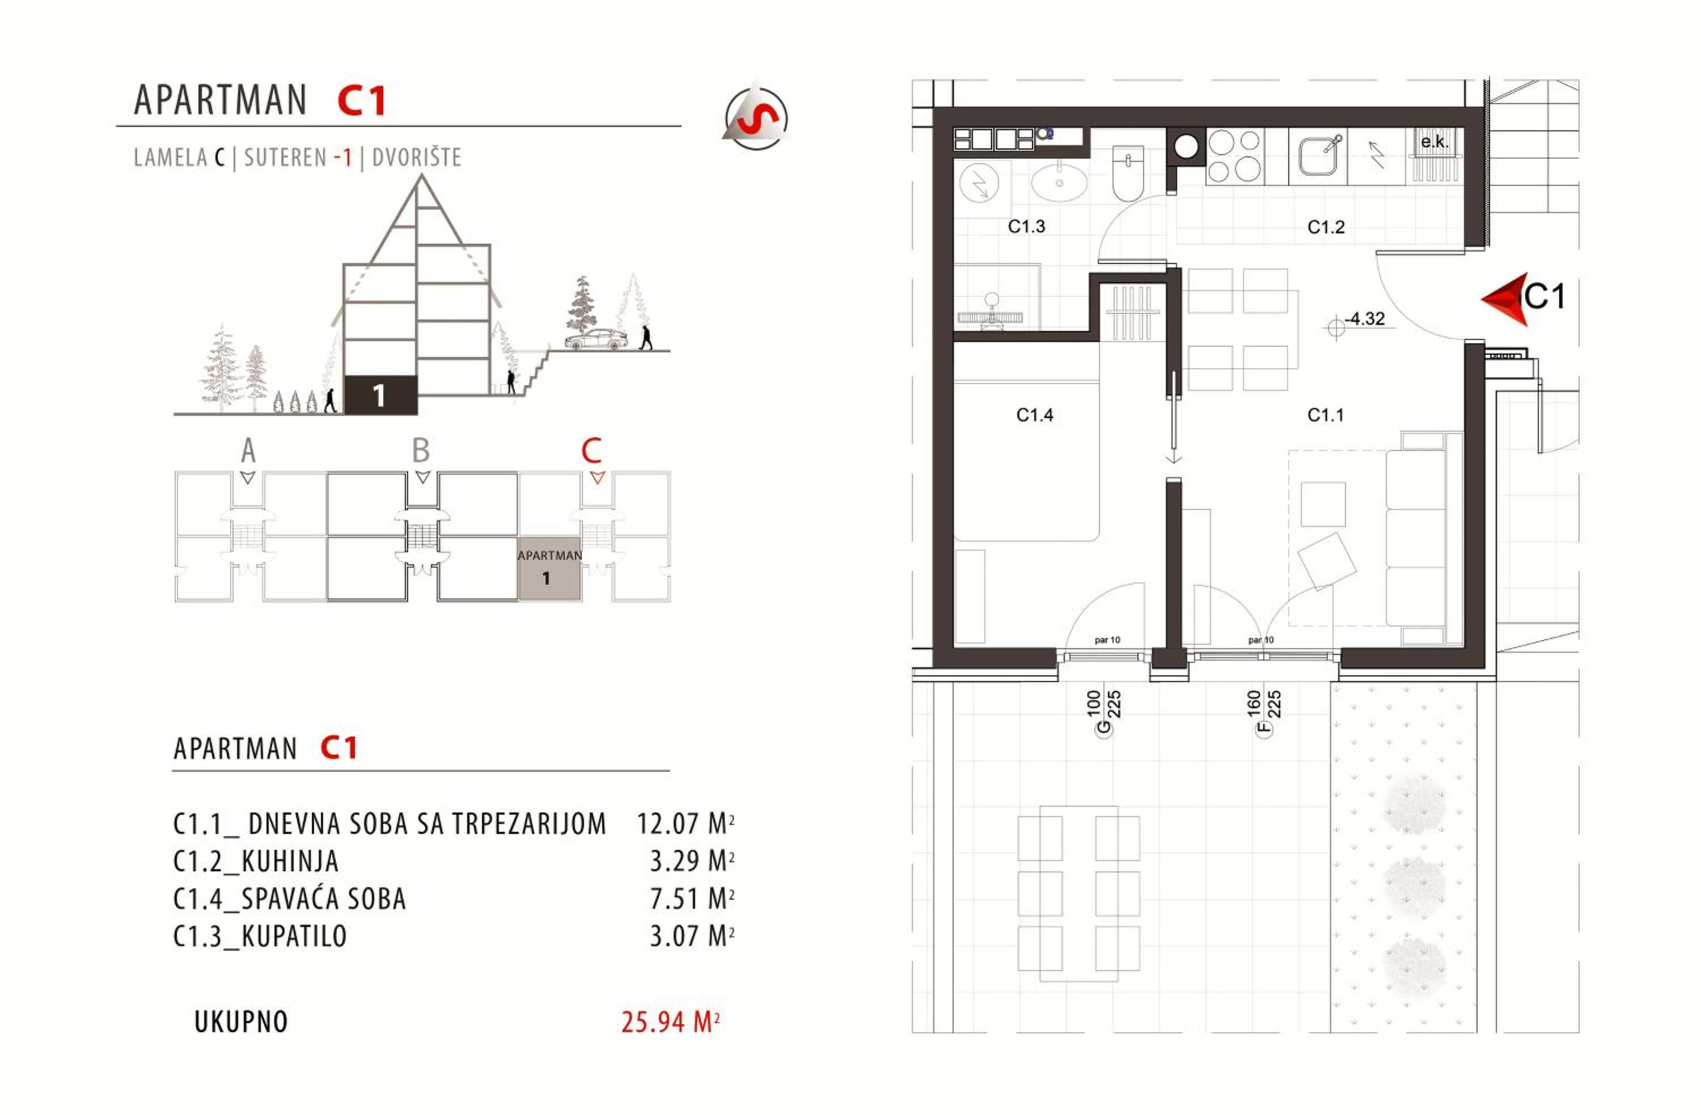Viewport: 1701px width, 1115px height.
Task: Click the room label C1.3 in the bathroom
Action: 1026,227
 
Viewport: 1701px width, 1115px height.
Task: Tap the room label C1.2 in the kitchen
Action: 1326,227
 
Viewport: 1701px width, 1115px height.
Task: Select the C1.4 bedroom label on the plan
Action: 1034,415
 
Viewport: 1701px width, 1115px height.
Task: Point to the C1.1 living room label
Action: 1325,415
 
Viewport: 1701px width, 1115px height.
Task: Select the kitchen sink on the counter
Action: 1318,156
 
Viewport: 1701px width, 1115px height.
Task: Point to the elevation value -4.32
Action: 1364,318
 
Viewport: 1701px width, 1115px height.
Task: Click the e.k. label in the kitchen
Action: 1435,142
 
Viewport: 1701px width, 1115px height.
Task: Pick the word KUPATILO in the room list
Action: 294,936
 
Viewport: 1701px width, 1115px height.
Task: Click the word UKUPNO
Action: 241,1022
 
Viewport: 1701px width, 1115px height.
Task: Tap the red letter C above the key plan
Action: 591,451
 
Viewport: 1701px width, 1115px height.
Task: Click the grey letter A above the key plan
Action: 248,451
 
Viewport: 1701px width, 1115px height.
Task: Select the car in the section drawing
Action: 596,339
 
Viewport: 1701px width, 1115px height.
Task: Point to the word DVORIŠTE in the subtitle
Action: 417,157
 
